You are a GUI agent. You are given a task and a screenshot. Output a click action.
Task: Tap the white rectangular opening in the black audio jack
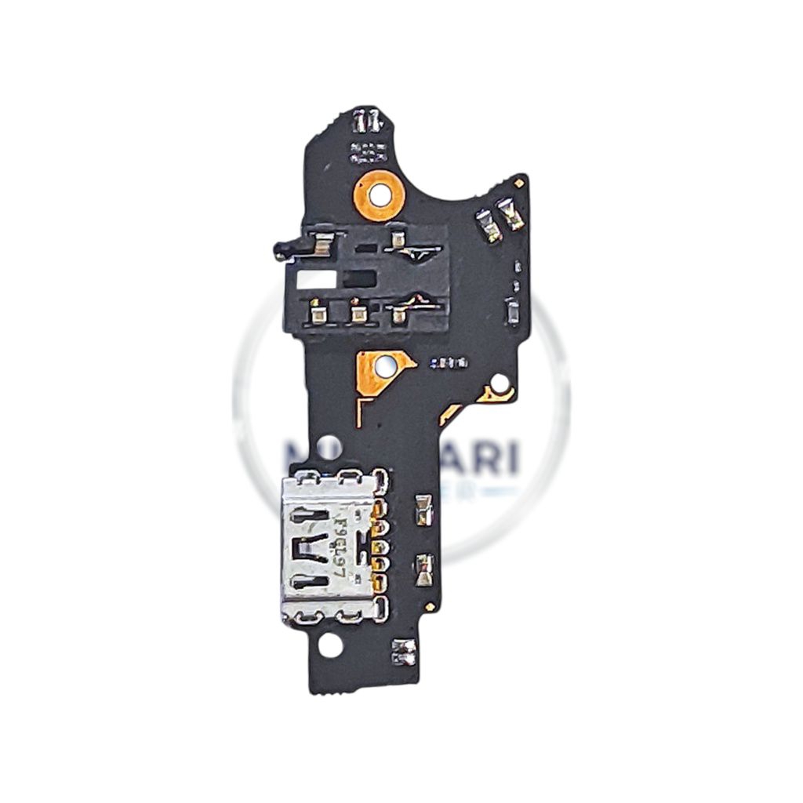tap(317, 278)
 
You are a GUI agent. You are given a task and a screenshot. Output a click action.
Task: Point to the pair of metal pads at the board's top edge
tap(366, 121)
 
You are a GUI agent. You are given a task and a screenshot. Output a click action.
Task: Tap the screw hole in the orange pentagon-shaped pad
tap(384, 365)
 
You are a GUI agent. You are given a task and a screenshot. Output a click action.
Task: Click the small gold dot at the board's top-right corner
tap(518, 183)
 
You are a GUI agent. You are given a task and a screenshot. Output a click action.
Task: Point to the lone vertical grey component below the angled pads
tap(512, 313)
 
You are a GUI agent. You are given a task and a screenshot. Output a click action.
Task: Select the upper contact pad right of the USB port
tap(424, 510)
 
